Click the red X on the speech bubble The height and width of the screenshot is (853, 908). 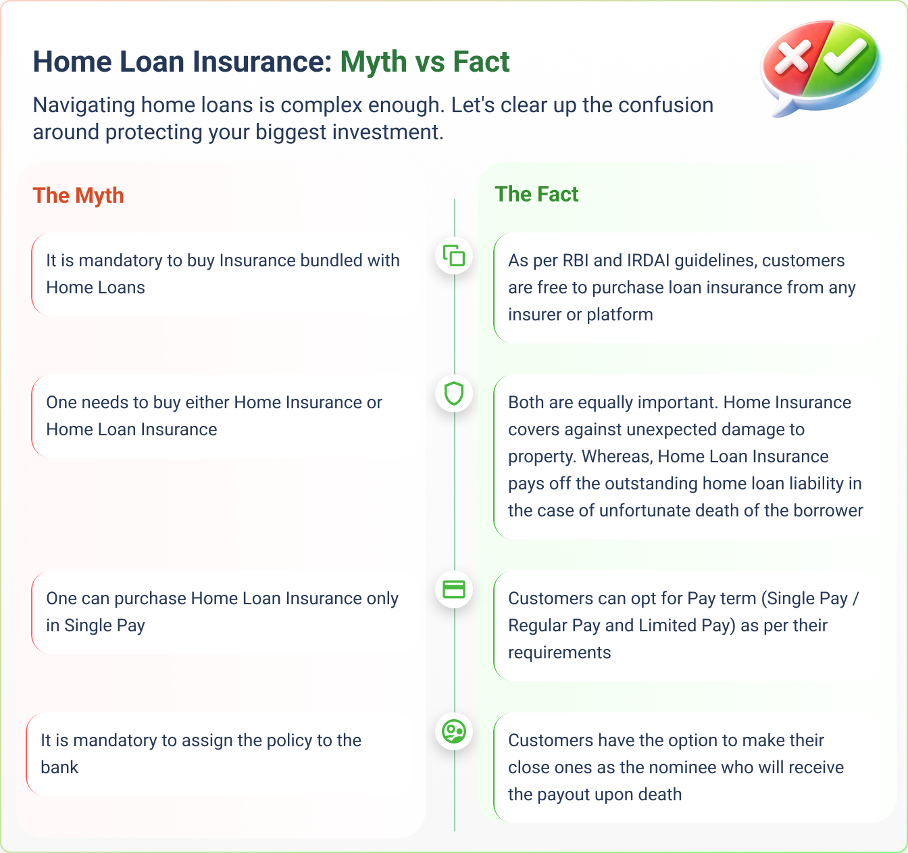pyautogui.click(x=792, y=57)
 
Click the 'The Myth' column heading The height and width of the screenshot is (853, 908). pyautogui.click(x=78, y=195)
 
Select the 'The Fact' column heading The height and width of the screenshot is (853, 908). pyautogui.click(x=536, y=194)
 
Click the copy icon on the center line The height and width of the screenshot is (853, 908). pyautogui.click(x=454, y=255)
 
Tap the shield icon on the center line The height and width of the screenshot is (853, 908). pyautogui.click(x=454, y=393)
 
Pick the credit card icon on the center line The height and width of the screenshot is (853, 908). pyautogui.click(x=454, y=589)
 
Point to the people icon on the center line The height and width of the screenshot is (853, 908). pyautogui.click(x=454, y=731)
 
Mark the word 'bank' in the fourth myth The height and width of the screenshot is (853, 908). pyautogui.click(x=59, y=767)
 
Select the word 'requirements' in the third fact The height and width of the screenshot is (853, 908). pyautogui.click(x=559, y=652)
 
